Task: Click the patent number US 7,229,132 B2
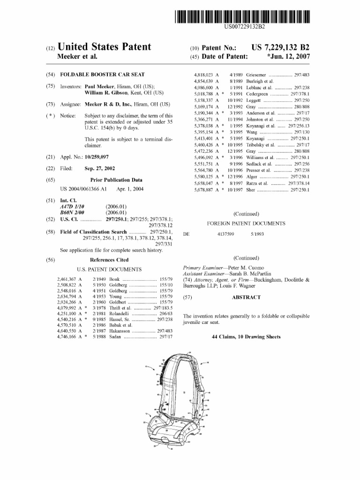coord(280,48)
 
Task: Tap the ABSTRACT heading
coord(246,297)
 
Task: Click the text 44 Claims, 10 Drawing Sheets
coord(246,337)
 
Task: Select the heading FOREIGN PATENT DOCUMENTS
coord(246,224)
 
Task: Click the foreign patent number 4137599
coord(225,233)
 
